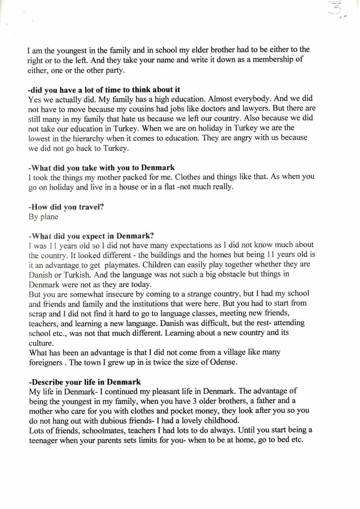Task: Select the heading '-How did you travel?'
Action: [x=66, y=207]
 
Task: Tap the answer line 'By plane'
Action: [x=43, y=217]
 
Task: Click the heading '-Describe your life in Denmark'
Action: [x=85, y=382]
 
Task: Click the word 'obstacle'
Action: [x=229, y=275]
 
